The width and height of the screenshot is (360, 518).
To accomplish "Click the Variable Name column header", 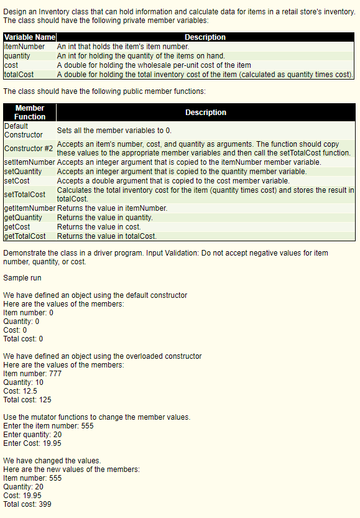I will pyautogui.click(x=29, y=37).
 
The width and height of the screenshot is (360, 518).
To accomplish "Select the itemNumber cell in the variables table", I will pyautogui.click(x=24, y=47).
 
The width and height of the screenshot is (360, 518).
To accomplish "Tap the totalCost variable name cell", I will pyautogui.click(x=19, y=75).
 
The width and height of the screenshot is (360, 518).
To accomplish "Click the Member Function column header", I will pyautogui.click(x=30, y=113).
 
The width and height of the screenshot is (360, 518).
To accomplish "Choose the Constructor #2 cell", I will pyautogui.click(x=29, y=149).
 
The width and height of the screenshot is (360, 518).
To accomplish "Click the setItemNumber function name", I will pyautogui.click(x=29, y=162).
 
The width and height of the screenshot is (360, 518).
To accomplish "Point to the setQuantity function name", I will pyautogui.click(x=23, y=171).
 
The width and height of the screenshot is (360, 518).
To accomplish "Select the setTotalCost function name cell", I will pyautogui.click(x=25, y=194).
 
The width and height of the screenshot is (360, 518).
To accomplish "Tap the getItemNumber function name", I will pyautogui.click(x=29, y=208).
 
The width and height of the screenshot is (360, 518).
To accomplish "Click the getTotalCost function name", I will pyautogui.click(x=25, y=236).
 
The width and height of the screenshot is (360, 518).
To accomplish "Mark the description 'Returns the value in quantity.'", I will pyautogui.click(x=105, y=218).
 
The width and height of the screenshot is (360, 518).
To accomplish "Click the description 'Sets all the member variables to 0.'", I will pyautogui.click(x=114, y=131).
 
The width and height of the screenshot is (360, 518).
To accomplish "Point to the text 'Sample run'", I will pyautogui.click(x=22, y=277).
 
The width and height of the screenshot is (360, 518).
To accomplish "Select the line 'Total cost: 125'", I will pyautogui.click(x=27, y=400).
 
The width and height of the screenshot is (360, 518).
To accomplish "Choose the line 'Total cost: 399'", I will pyautogui.click(x=27, y=504).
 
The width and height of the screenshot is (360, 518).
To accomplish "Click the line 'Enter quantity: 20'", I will pyautogui.click(x=32, y=435).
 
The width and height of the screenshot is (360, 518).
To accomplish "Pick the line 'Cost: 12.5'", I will pyautogui.click(x=20, y=391).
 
